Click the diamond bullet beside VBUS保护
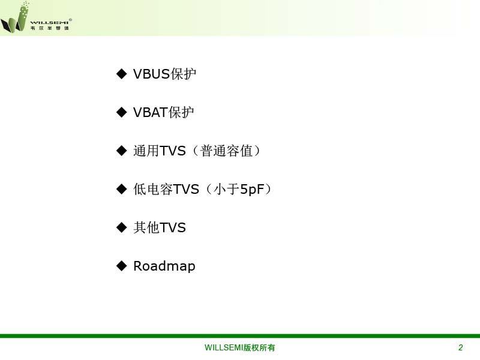tap(122, 74)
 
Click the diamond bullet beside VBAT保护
tap(122, 112)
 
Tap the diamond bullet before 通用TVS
tap(122, 151)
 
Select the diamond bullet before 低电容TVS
tap(122, 189)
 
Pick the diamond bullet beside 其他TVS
tap(122, 227)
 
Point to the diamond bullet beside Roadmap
tap(122, 266)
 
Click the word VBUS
tap(152, 74)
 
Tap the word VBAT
tap(151, 112)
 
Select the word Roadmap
tap(164, 266)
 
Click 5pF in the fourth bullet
tap(252, 190)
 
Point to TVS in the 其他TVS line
tap(173, 228)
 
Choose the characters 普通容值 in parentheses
tap(226, 151)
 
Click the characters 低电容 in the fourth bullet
tap(153, 189)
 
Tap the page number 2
tap(460, 347)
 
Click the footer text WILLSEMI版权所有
tap(239, 348)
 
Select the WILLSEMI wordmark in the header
tap(49, 23)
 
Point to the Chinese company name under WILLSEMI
tap(49, 28)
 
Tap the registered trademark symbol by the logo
tap(70, 20)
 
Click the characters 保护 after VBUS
tap(183, 74)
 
